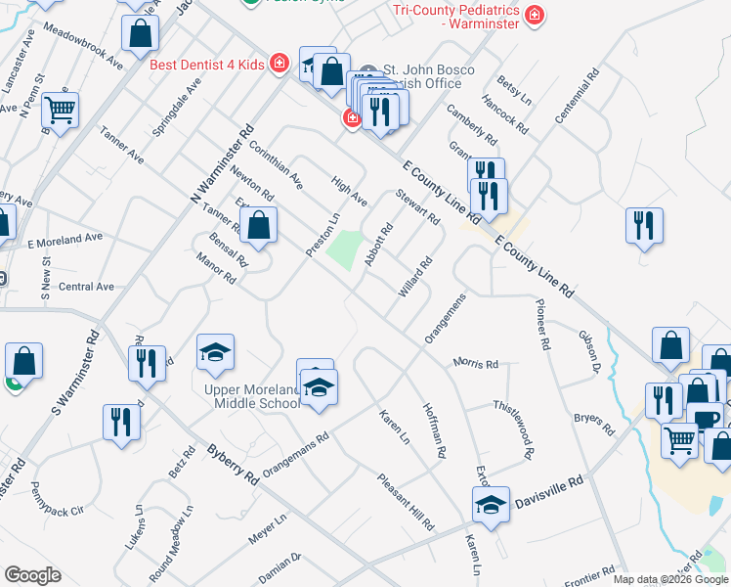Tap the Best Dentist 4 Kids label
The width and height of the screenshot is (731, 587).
206,65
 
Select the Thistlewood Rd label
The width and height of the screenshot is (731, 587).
515,429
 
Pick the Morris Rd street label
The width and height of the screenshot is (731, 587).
476,363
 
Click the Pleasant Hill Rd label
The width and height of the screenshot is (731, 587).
407,502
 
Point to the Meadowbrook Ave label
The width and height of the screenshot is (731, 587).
83,46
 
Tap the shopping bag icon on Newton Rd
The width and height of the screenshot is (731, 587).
258,226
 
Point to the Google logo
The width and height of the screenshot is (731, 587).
32,575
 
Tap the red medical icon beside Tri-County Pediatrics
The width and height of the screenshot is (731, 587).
534,15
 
